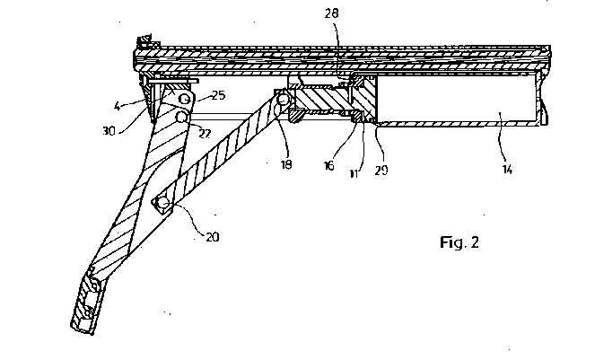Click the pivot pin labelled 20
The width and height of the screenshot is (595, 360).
(x=163, y=205)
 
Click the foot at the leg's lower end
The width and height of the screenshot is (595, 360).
(x=84, y=306)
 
